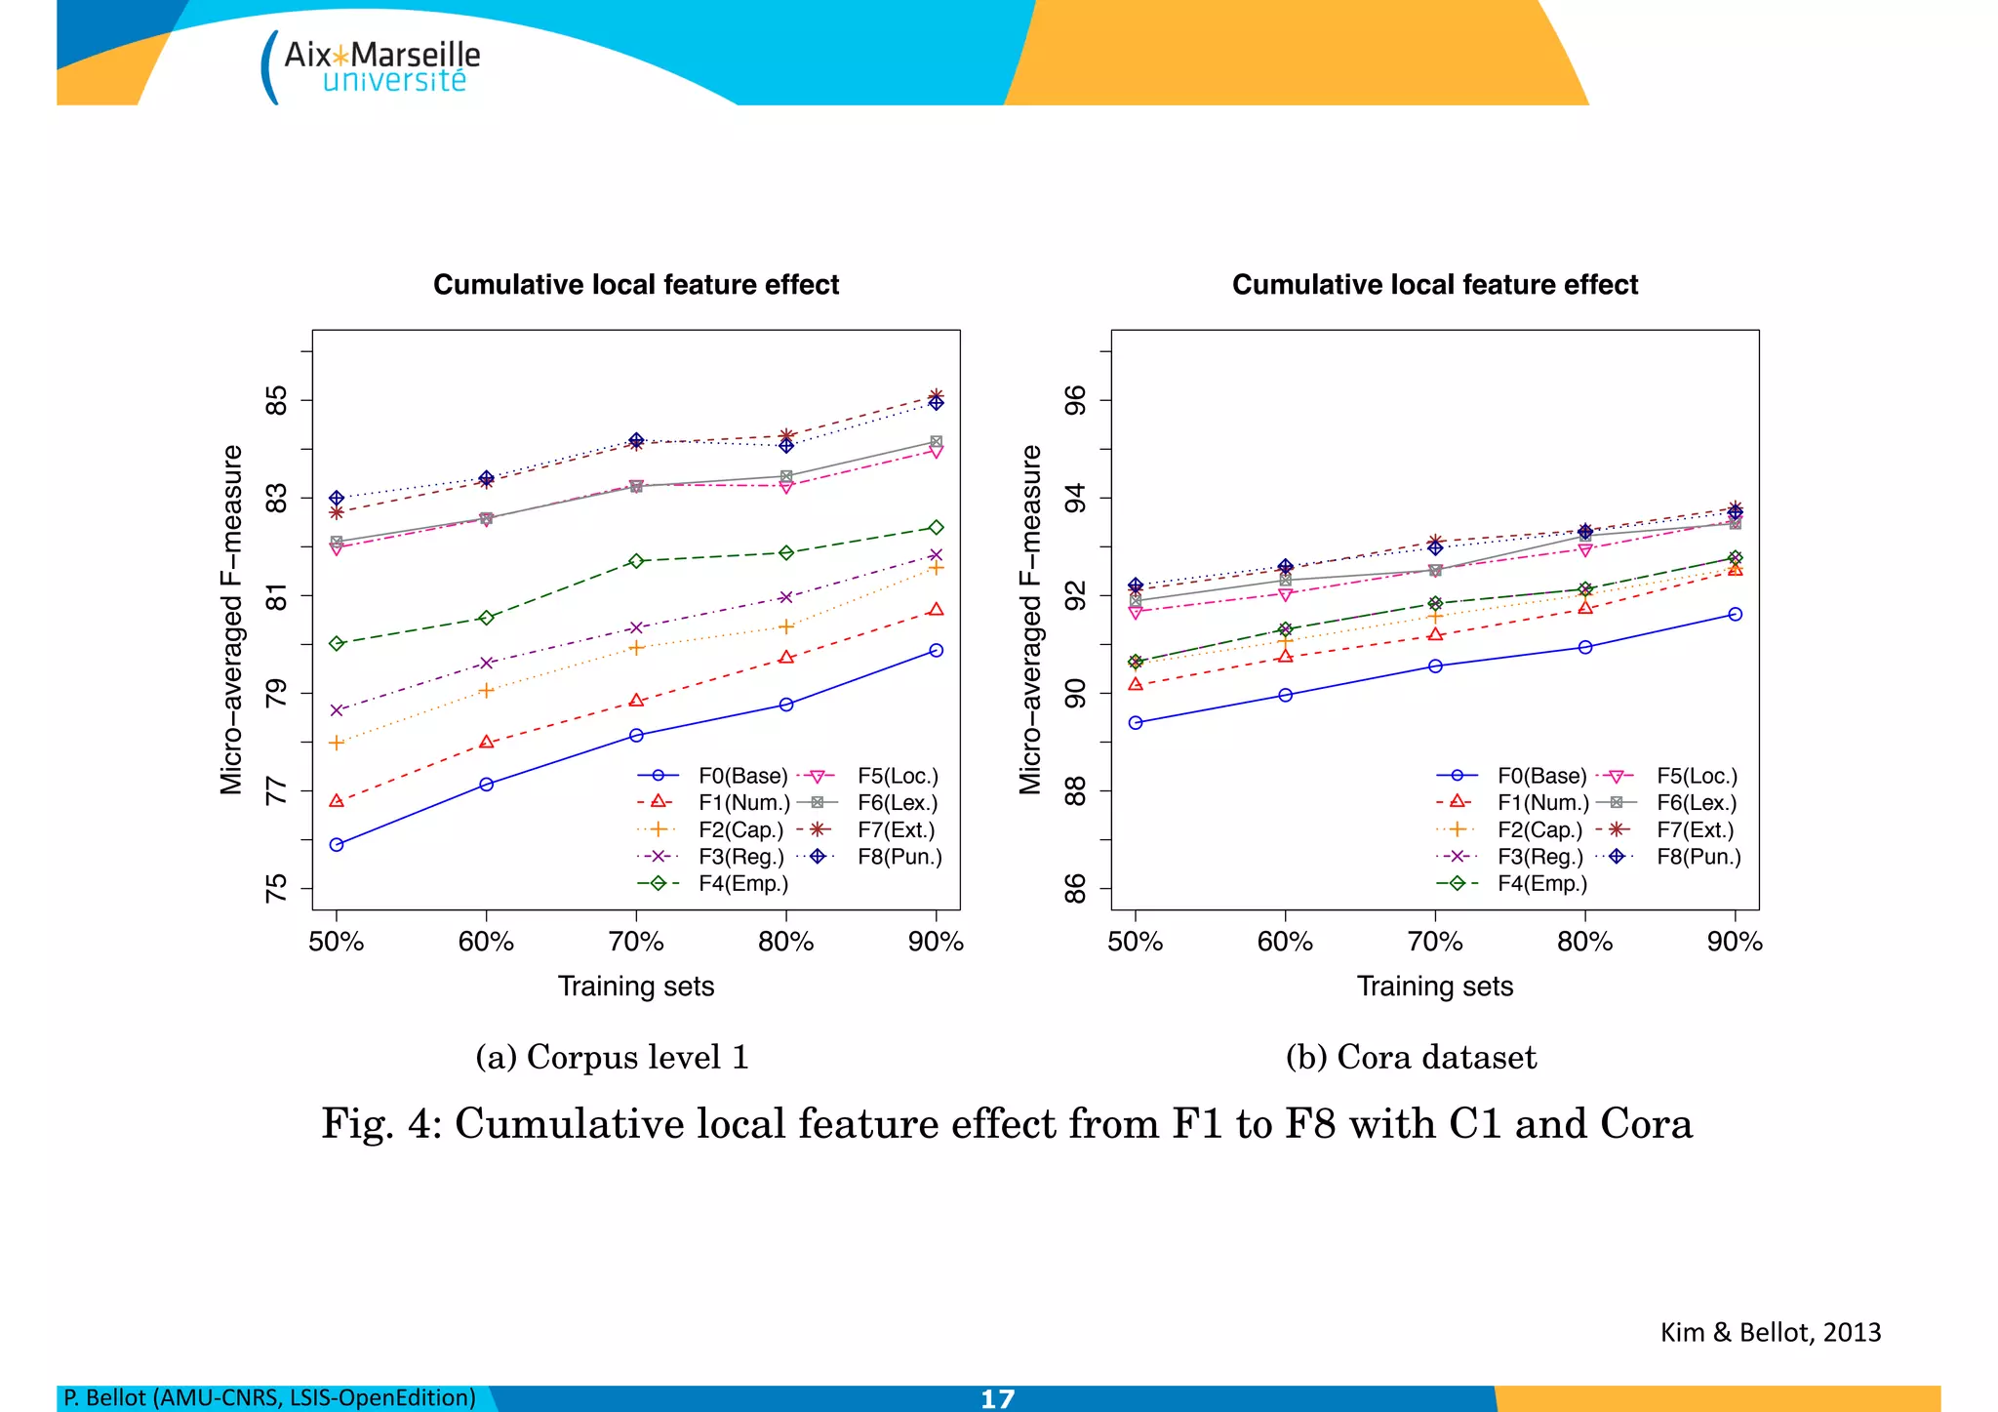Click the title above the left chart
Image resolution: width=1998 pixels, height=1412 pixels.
coord(636,284)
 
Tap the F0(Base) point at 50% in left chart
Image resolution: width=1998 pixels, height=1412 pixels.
coord(337,844)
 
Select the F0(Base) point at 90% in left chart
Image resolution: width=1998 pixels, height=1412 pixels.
coord(936,650)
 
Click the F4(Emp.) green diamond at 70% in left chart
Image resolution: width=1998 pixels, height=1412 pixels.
coord(636,561)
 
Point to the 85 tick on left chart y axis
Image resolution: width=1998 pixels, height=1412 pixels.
coord(277,400)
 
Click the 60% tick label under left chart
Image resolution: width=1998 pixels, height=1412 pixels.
coord(486,942)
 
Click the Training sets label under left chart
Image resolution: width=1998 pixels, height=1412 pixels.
coord(636,986)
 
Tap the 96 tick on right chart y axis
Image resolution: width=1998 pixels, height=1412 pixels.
coord(1075,400)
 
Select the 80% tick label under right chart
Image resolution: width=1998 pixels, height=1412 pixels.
coord(1584,942)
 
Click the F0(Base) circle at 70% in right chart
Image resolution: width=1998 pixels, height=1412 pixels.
coord(1435,666)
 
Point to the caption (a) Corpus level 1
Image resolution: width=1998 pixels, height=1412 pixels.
coord(612,1057)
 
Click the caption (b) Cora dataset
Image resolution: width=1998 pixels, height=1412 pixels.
coord(1411,1057)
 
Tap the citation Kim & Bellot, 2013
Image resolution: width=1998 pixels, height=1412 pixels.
coord(1770,1332)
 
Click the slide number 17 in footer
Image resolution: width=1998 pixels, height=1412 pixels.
coord(997,1398)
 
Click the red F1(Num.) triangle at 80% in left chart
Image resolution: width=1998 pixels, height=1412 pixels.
coord(786,658)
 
